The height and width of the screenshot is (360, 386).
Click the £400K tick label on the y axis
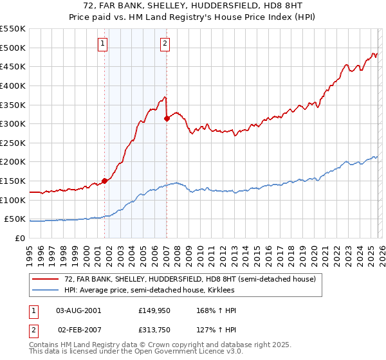click(x=13, y=85)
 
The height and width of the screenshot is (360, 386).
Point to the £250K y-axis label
click(x=13, y=143)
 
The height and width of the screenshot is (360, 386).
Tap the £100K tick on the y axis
click(x=13, y=200)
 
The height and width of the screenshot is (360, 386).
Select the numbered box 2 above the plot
click(x=165, y=44)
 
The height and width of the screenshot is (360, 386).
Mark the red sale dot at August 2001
click(x=104, y=181)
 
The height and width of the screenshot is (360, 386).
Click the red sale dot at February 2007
click(x=167, y=118)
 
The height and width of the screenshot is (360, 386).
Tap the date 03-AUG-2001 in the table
click(x=78, y=310)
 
